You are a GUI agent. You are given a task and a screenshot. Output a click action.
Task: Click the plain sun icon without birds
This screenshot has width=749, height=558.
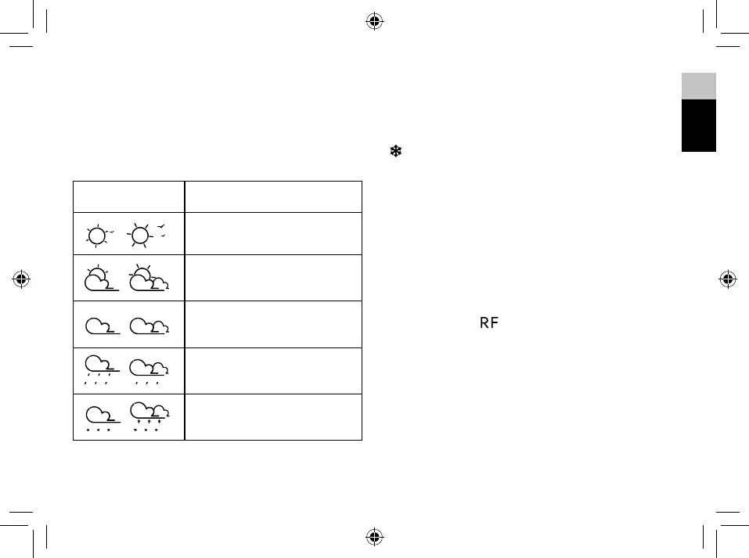97,234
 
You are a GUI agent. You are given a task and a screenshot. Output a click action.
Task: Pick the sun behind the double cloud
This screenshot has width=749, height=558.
148,279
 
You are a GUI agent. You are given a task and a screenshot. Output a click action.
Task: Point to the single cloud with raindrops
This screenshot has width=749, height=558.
101,369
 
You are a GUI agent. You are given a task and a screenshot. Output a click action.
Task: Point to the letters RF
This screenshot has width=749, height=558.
489,322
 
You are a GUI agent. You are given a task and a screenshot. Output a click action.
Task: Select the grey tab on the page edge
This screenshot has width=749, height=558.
698,86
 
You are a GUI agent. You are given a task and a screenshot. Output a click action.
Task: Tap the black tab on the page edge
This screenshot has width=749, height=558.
698,125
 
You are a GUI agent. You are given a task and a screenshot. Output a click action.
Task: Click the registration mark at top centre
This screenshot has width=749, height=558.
374,21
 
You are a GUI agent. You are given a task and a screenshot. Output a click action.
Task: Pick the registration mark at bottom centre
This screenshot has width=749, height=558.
374,537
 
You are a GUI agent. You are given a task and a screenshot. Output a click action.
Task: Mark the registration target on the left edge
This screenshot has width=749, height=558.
22,278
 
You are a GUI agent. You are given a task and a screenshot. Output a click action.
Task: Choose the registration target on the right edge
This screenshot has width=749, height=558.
727,278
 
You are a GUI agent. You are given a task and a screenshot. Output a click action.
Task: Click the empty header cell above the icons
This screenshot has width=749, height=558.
129,196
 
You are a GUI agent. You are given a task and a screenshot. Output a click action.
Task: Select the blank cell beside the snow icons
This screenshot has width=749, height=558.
273,417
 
